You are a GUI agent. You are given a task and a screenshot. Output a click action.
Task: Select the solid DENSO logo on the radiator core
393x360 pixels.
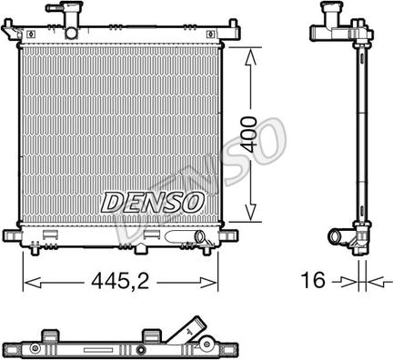pyautogui.click(x=144, y=201)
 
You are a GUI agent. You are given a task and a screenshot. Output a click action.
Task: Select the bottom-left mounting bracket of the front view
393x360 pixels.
pyautogui.click(x=21, y=235)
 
